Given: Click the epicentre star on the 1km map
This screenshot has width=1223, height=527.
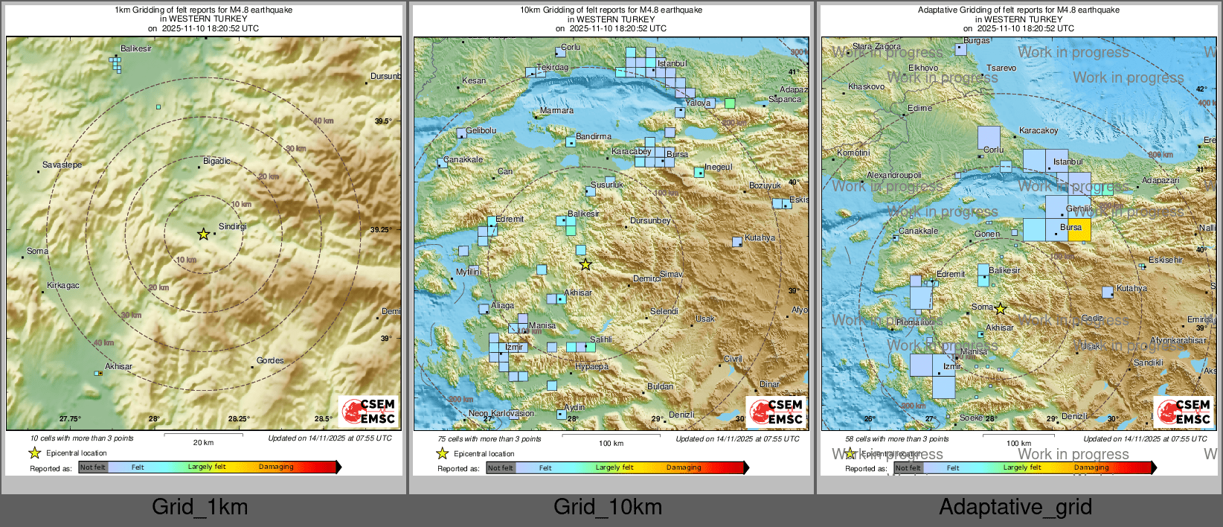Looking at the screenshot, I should [203, 234].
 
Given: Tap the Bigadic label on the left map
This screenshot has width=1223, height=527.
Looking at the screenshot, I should [216, 161].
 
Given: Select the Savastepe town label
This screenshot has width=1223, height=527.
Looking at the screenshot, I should [62, 165].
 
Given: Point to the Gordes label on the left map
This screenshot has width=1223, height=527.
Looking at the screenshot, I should [270, 360].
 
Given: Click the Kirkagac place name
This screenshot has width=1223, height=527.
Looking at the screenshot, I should [62, 285].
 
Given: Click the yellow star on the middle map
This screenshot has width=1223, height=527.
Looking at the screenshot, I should [585, 265].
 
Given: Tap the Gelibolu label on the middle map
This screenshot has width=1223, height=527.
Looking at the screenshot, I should [481, 130].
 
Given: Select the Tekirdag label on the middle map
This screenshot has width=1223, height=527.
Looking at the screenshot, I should [552, 67].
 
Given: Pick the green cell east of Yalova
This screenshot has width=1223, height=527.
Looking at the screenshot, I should [730, 103].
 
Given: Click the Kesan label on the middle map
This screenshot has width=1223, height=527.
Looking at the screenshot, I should [474, 80].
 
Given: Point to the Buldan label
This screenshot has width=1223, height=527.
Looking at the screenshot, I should [660, 386].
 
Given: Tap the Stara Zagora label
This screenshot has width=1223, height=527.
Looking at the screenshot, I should [876, 46].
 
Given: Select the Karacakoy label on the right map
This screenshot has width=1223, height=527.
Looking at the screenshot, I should [1039, 130].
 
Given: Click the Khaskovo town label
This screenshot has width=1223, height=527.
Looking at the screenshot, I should [866, 86].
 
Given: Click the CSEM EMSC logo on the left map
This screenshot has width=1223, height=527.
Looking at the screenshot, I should [369, 411].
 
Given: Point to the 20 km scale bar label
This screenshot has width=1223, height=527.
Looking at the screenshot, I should [203, 442].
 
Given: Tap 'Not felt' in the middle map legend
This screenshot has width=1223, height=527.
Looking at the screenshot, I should [500, 467].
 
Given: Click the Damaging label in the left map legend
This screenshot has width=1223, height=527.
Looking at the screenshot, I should [276, 467].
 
